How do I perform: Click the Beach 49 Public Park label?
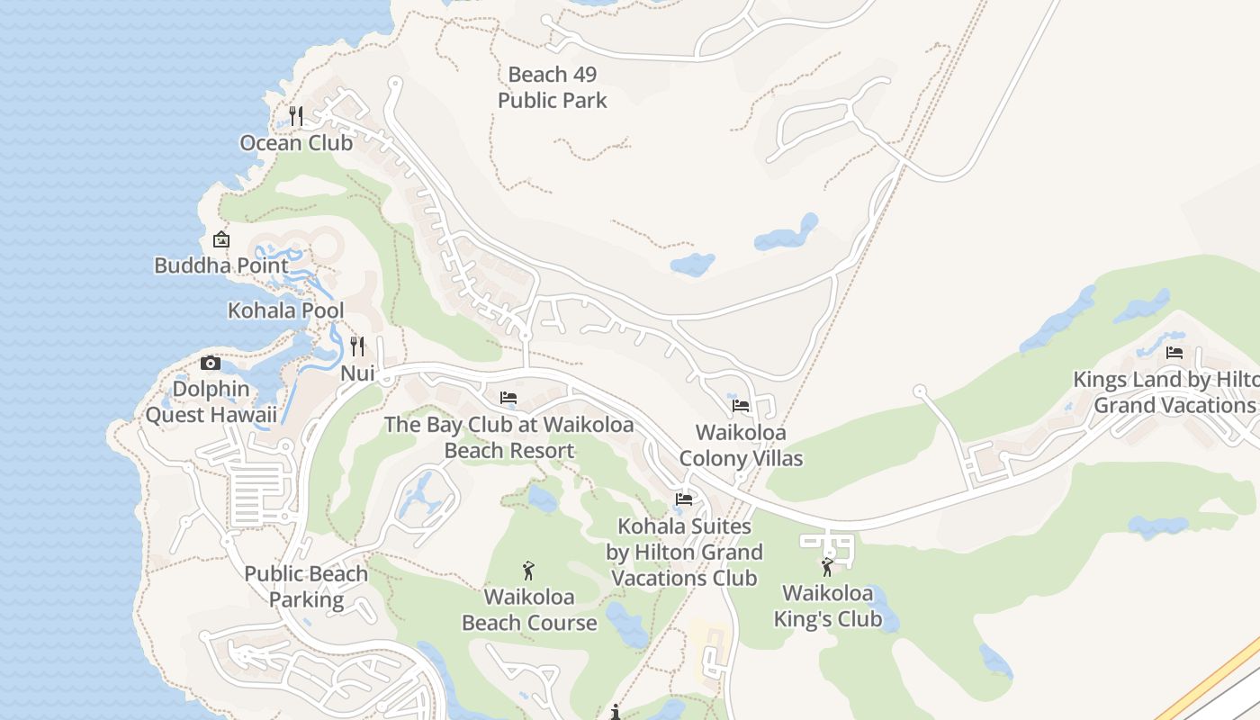(x=553, y=87)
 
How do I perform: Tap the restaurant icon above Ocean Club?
(x=296, y=116)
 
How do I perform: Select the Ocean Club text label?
(x=296, y=143)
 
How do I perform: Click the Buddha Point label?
(x=221, y=265)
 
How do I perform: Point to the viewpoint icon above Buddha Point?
(x=221, y=239)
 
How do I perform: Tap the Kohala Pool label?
(x=285, y=310)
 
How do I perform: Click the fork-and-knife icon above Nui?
(x=357, y=346)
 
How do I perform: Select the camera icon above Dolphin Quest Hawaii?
(x=211, y=363)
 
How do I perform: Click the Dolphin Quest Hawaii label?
(x=211, y=402)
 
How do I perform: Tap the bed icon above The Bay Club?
(x=508, y=397)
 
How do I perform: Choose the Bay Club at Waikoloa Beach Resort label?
(x=509, y=437)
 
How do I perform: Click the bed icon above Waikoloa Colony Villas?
(x=741, y=406)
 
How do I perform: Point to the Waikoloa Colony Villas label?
(x=741, y=445)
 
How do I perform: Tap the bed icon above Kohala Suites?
(x=684, y=499)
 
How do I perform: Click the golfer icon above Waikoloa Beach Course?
(x=529, y=571)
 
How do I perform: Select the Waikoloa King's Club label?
(x=827, y=606)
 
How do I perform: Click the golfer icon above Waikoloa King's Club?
(x=827, y=567)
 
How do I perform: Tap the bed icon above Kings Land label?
(x=1174, y=353)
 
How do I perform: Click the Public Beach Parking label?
(x=306, y=587)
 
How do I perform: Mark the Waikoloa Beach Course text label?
(x=529, y=609)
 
